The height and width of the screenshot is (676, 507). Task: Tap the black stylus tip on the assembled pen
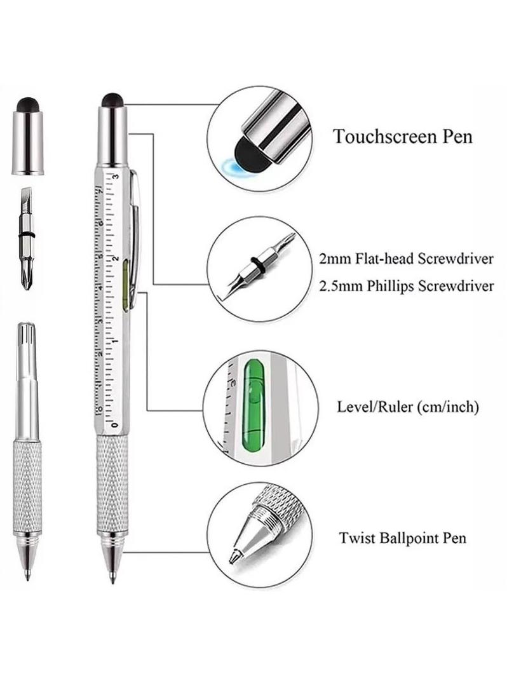[x=112, y=100]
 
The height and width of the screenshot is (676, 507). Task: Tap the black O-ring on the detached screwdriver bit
[x=27, y=234]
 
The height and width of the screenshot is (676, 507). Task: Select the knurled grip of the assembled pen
[x=112, y=483]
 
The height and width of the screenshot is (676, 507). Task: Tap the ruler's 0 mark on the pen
[x=114, y=425]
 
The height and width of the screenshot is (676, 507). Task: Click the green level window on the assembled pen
[x=125, y=285]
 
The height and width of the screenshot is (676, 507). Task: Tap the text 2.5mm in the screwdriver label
[x=341, y=287]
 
